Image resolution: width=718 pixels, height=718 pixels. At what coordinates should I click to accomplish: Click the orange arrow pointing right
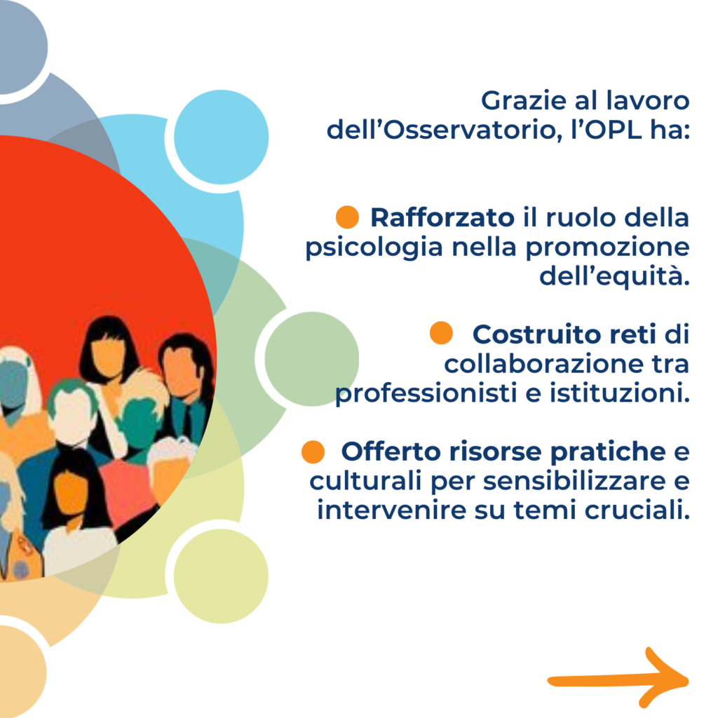[618, 681]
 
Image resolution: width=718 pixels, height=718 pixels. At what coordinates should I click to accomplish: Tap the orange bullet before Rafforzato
[347, 217]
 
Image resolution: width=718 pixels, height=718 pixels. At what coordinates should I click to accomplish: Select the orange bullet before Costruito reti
[442, 333]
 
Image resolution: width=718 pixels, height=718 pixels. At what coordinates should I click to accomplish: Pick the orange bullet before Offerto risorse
[313, 452]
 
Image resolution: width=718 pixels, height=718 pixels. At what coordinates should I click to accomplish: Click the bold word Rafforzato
[442, 217]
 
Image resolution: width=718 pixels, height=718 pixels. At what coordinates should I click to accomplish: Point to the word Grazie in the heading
[523, 101]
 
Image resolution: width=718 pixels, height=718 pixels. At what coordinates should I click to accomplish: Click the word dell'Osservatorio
[444, 130]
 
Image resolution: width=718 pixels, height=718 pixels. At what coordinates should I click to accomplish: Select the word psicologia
[374, 248]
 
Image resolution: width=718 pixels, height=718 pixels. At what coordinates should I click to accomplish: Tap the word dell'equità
[614, 277]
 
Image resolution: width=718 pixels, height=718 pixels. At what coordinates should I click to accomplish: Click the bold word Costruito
[536, 334]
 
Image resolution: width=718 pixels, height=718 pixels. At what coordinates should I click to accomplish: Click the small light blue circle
[221, 137]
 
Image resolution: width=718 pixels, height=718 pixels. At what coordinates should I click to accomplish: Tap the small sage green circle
[312, 359]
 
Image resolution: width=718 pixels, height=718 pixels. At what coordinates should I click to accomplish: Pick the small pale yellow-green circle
[221, 576]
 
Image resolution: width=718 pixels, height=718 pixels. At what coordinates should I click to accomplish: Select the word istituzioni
[620, 394]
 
